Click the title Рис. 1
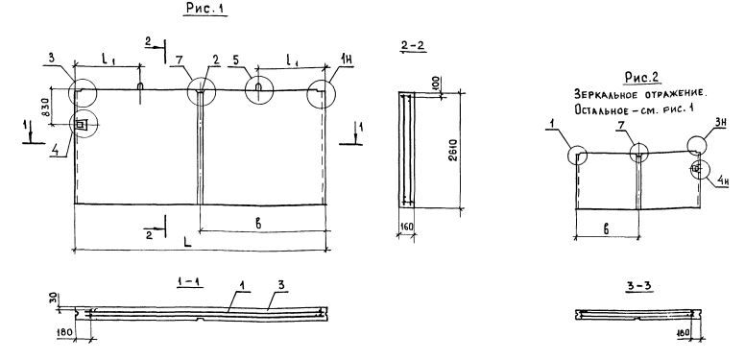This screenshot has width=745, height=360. pyautogui.click(x=205, y=8)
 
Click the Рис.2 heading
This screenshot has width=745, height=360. pyautogui.click(x=642, y=78)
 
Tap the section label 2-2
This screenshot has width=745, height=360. pyautogui.click(x=413, y=45)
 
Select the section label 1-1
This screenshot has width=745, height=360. pyautogui.click(x=189, y=281)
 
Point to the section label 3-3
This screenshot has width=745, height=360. pyautogui.click(x=639, y=286)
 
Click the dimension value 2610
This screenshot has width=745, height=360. pyautogui.click(x=454, y=150)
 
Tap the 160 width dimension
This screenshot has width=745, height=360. pyautogui.click(x=407, y=227)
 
